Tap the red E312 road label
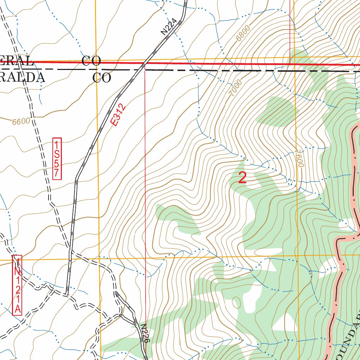(117, 115)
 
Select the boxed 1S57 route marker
(57, 159)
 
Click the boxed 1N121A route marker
(17, 285)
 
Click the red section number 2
(242, 178)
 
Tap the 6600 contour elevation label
(21, 122)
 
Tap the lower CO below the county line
(102, 78)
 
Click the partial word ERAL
(16, 61)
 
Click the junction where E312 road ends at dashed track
(67, 294)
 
